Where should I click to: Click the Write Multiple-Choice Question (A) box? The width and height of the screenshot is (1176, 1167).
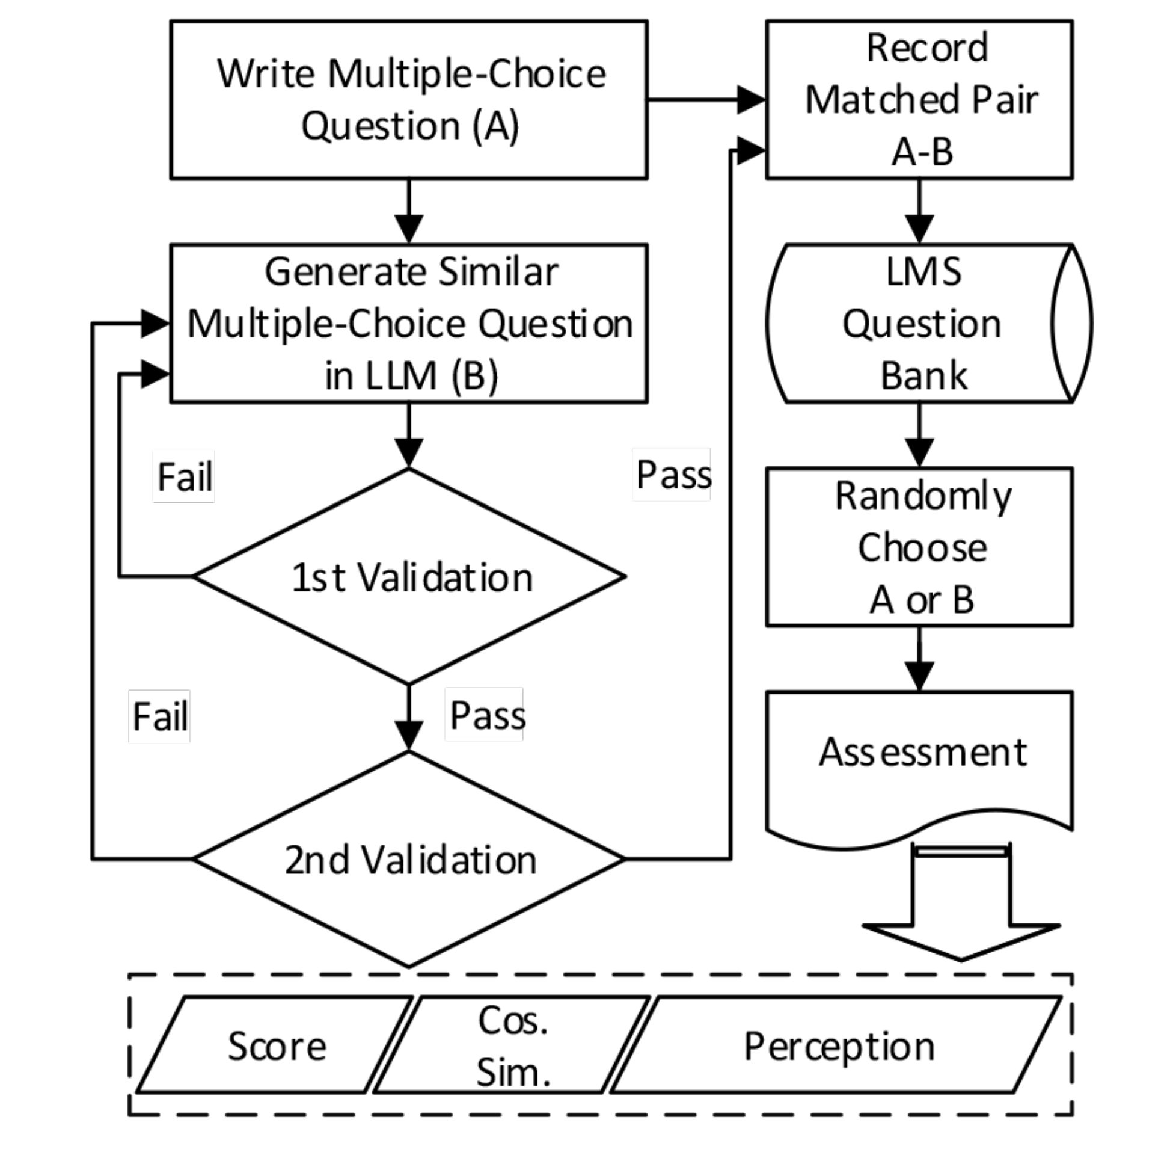tap(408, 100)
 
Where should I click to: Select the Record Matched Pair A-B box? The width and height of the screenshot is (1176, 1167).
tap(919, 100)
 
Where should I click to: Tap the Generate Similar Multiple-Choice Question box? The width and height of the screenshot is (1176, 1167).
tap(408, 324)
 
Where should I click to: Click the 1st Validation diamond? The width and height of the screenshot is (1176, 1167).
tap(408, 576)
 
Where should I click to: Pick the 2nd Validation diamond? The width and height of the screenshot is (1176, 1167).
tap(408, 860)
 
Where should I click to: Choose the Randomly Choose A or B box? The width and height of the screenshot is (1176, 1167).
tap(919, 547)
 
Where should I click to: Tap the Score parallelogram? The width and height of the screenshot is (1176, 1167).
tap(276, 1045)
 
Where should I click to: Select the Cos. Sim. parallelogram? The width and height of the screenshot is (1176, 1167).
tap(512, 1045)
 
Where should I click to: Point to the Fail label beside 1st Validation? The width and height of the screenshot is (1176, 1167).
tap(184, 476)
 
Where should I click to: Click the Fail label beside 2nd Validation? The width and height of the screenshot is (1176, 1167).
tap(159, 716)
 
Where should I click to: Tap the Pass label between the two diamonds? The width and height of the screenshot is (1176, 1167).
tap(485, 715)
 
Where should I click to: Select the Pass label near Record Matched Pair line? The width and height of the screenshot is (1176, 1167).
tap(672, 474)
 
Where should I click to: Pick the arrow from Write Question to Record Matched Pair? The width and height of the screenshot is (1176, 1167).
tap(706, 100)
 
